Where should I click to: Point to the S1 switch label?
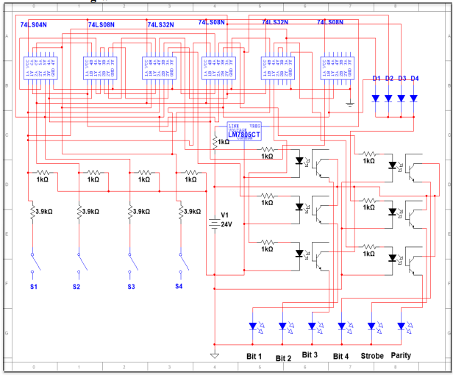click(x=33, y=285)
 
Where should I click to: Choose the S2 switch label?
click(x=76, y=285)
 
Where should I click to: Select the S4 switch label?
click(x=178, y=285)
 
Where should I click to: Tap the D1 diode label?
click(x=376, y=78)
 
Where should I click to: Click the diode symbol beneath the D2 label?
click(x=388, y=97)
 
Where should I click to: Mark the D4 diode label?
click(x=414, y=78)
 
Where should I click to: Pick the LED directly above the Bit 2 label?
click(x=282, y=325)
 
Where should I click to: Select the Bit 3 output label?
click(x=310, y=356)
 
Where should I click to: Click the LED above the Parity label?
click(x=402, y=325)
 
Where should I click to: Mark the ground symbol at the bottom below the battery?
click(x=214, y=356)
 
